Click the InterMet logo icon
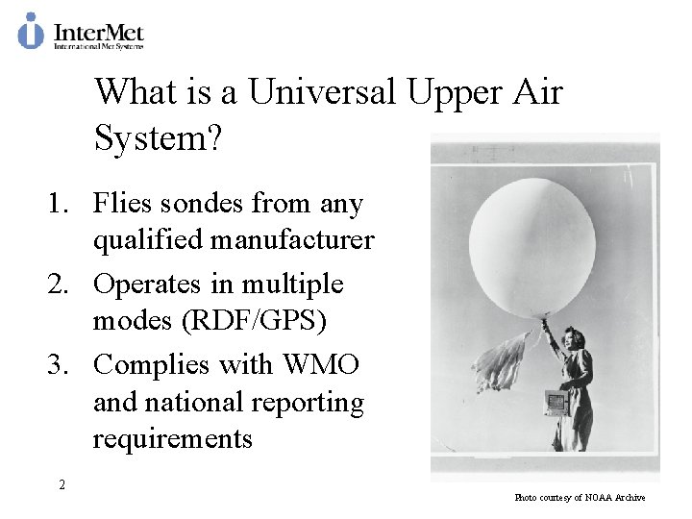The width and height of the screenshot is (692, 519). tap(31, 31)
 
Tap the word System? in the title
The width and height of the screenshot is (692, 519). tap(159, 139)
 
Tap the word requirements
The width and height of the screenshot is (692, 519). tap(172, 439)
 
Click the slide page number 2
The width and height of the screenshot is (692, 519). tap(62, 485)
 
